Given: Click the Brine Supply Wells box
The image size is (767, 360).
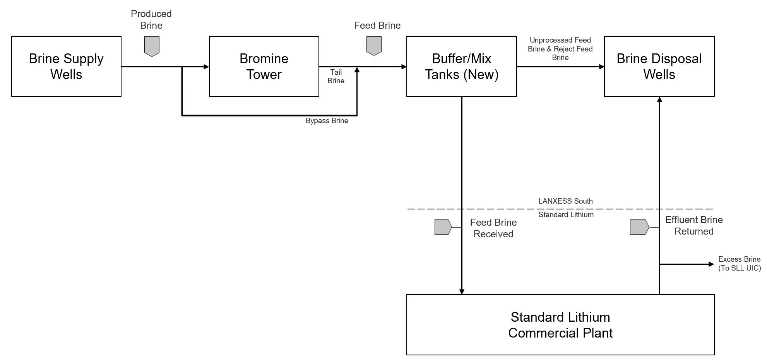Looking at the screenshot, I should (66, 66).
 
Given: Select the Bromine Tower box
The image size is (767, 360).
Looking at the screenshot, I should (264, 66).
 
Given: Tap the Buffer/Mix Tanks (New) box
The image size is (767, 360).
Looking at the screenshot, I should (461, 66).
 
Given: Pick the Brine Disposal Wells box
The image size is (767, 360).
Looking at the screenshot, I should (659, 66).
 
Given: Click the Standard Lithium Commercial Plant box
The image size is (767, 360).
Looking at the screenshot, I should (560, 324).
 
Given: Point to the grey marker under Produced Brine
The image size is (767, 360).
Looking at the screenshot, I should (152, 46).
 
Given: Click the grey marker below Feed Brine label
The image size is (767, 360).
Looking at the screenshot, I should (374, 45).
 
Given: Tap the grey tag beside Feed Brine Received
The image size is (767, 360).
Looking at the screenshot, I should (443, 227).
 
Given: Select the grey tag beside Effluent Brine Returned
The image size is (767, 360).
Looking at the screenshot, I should (639, 227).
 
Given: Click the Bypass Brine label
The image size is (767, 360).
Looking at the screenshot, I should (327, 121).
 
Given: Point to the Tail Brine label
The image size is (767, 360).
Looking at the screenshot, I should (336, 76).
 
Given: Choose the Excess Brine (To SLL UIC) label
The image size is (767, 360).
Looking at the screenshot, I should (739, 264).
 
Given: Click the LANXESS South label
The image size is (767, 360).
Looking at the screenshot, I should (565, 201).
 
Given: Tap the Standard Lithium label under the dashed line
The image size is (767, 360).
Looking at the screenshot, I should (566, 214).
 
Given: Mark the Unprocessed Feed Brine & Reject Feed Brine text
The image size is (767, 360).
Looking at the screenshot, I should (560, 49).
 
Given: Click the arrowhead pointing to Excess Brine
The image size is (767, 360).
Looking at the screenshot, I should (711, 264).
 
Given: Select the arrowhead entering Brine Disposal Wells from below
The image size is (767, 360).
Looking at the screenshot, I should (659, 99).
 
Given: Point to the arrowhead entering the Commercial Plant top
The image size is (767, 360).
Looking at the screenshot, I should (462, 291).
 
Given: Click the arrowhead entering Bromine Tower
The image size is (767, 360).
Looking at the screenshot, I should (207, 67).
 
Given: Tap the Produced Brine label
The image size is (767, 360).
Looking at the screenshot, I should (151, 19).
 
